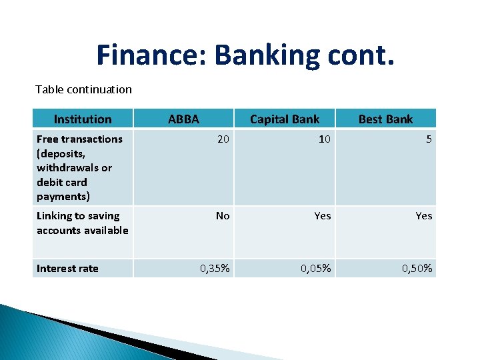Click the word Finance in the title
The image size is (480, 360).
tap(151, 55)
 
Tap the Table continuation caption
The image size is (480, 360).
tap(83, 89)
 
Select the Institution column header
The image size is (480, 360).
tap(83, 119)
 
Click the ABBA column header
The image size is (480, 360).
tap(183, 119)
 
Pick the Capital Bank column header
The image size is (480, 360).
tap(284, 119)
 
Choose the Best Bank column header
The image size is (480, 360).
tap(385, 119)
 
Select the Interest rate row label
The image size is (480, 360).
tap(67, 269)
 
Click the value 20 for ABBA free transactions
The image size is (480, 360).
tap(223, 139)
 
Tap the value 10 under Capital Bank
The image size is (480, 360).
tap(324, 139)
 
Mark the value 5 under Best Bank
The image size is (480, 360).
tap(429, 139)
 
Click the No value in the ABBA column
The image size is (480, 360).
tap(222, 216)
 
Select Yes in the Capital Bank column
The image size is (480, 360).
tap(323, 216)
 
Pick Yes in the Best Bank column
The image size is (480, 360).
tap(424, 216)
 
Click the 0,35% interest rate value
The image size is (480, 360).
tap(215, 269)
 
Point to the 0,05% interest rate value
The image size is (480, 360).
tap(316, 269)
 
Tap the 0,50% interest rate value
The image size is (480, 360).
tap(417, 269)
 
